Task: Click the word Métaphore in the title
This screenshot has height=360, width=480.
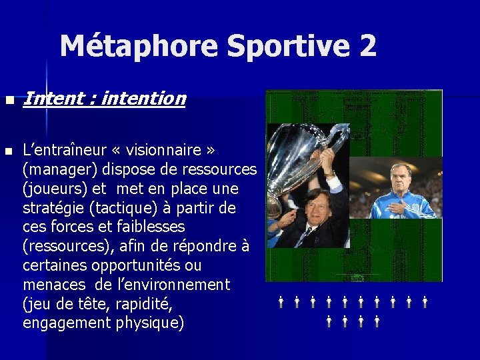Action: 139,46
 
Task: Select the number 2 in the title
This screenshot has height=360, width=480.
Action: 367,46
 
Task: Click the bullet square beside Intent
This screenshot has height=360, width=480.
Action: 8,100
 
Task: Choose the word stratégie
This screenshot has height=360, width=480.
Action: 57,209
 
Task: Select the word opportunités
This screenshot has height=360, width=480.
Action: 137,266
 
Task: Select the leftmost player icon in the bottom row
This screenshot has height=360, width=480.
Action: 329,322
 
